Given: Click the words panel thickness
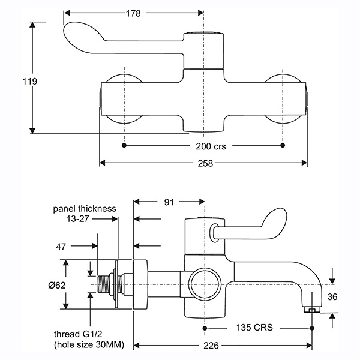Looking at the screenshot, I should pos(84,209).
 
